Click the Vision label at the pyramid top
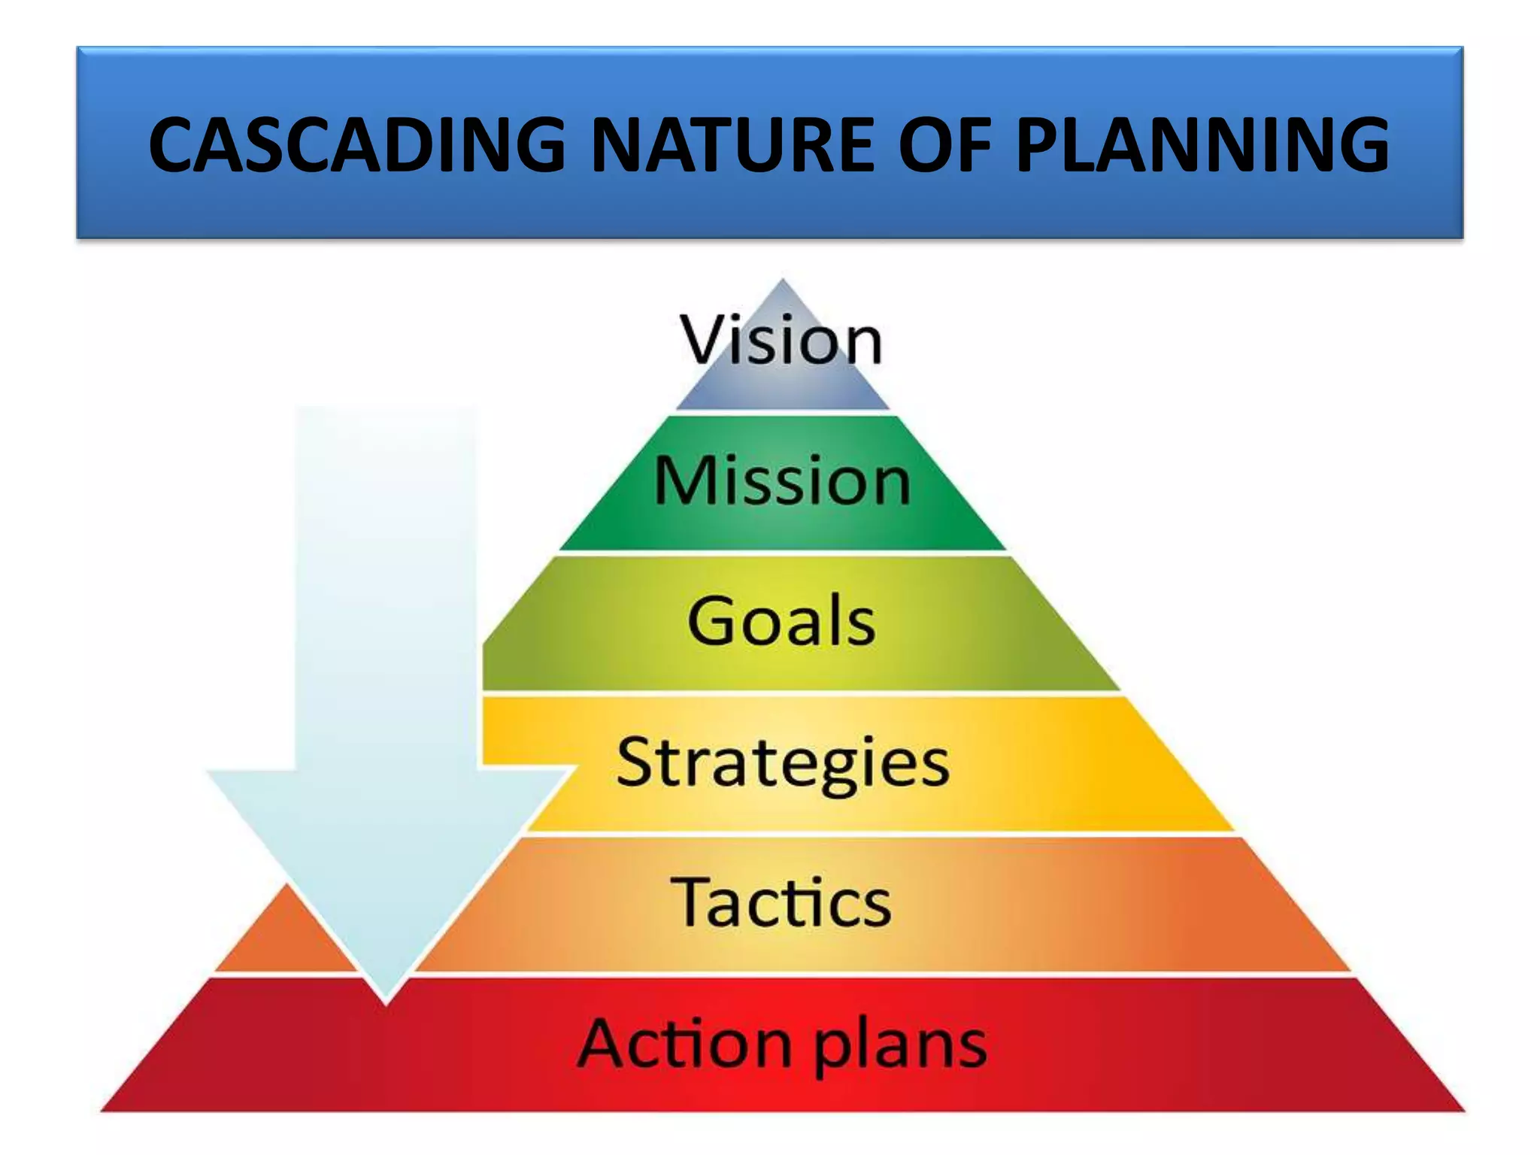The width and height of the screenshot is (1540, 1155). (x=781, y=341)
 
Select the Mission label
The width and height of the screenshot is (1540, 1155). (x=782, y=481)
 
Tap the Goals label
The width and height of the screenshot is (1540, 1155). (x=781, y=621)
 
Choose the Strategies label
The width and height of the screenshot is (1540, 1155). (x=782, y=762)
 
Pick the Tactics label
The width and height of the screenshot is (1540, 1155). (x=781, y=902)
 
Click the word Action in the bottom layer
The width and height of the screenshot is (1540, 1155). (x=684, y=1042)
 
